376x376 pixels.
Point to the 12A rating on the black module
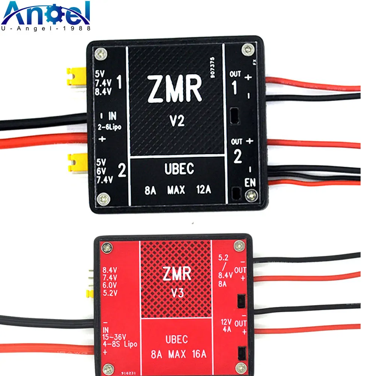tap(203, 190)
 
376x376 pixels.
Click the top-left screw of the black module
tap(100, 54)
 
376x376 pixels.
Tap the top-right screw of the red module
tap(239, 246)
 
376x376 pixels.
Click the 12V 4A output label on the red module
tap(227, 326)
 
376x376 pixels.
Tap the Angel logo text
tap(47, 13)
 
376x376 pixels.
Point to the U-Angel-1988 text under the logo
tap(47, 28)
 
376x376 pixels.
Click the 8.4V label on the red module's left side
tap(110, 269)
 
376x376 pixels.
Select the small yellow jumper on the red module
tap(90, 293)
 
